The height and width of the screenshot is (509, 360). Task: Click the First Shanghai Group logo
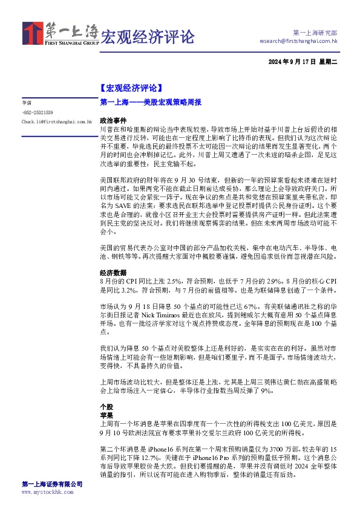pyautogui.click(x=61, y=34)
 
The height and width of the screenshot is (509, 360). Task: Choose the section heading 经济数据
pyautogui.click(x=111, y=273)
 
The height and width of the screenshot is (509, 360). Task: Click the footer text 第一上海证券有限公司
pyautogui.click(x=52, y=485)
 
